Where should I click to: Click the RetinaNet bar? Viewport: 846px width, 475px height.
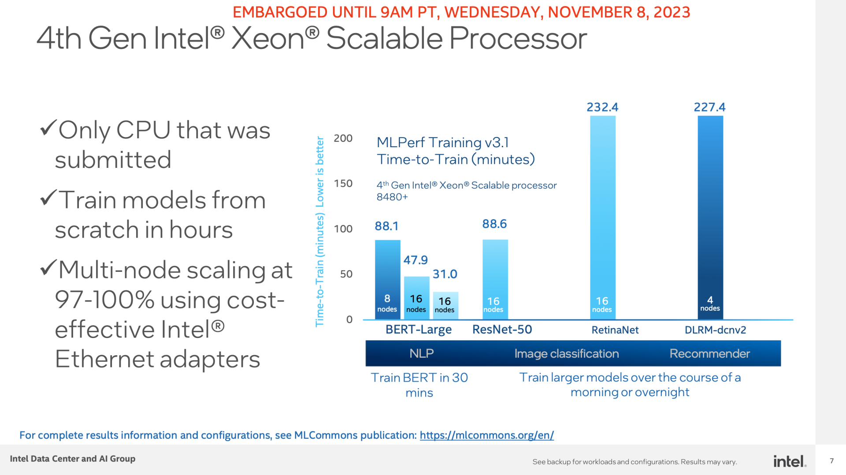602,217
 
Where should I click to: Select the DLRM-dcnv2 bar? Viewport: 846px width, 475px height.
710,217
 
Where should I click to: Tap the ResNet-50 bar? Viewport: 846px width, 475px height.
495,279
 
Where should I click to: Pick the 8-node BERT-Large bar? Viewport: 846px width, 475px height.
387,279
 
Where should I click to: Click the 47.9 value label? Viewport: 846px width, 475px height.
416,260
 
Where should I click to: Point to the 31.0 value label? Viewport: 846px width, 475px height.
445,274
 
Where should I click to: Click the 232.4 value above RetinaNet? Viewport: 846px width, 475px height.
602,107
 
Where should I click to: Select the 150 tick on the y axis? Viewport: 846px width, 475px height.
343,183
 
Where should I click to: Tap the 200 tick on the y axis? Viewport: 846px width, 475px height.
343,138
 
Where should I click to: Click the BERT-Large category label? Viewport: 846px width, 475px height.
419,330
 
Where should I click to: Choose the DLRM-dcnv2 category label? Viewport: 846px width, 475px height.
715,330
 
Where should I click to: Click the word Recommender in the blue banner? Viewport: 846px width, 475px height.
709,353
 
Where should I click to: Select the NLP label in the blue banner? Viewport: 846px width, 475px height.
422,353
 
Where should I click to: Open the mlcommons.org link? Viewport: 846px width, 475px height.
486,435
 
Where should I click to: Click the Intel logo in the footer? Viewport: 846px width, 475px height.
790,461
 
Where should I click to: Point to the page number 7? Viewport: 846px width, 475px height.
832,461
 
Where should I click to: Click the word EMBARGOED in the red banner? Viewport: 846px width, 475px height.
280,12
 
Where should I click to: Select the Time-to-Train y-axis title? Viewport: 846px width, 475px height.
320,232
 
